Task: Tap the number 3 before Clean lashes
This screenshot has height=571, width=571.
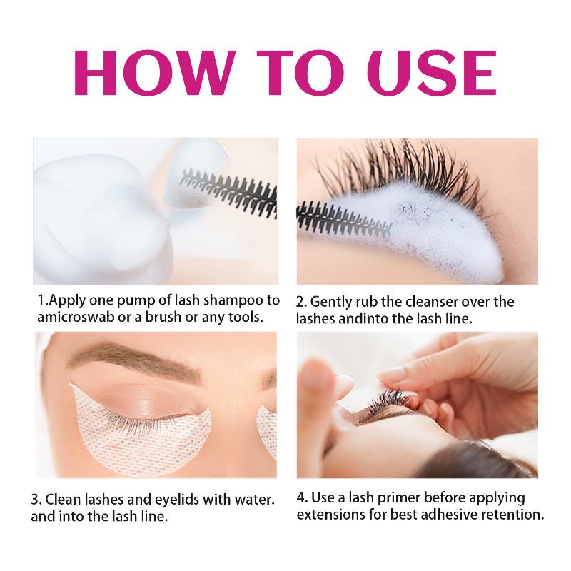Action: tap(36, 500)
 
